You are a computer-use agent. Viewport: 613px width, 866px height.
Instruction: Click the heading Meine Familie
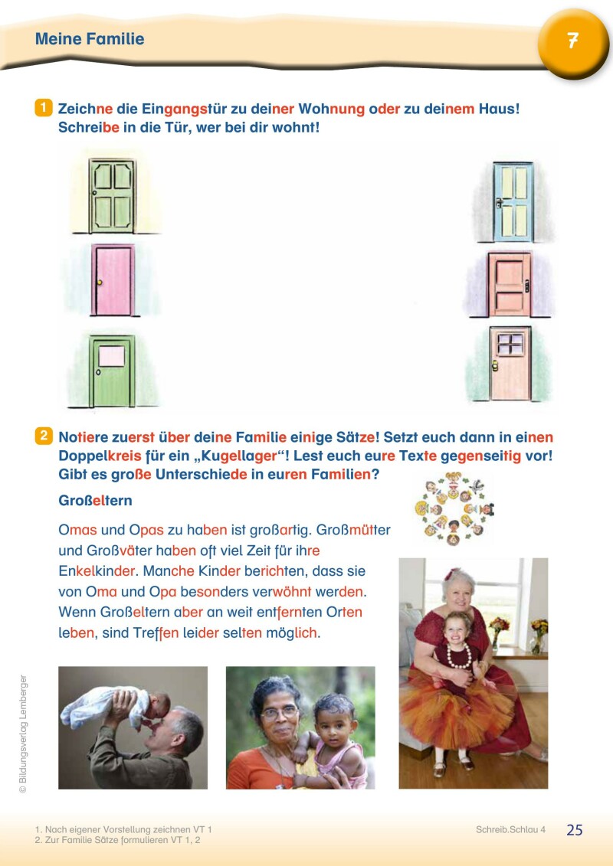(x=90, y=38)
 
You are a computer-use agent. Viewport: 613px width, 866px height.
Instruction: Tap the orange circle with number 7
(x=572, y=42)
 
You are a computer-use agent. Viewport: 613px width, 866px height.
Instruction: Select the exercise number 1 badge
(x=44, y=108)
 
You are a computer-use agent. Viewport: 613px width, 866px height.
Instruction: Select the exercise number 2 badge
(x=44, y=436)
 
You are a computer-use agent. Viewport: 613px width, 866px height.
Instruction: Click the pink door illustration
(x=113, y=280)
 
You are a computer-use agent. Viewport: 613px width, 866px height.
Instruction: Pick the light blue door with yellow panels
(x=513, y=201)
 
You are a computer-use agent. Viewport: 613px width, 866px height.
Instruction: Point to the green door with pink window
(x=112, y=371)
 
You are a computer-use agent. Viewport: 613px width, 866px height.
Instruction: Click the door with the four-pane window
(x=510, y=364)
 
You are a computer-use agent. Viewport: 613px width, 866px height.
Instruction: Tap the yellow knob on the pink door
(x=100, y=283)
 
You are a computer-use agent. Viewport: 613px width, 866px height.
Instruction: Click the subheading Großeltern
(x=95, y=500)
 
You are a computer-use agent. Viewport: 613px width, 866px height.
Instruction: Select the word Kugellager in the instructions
(x=239, y=456)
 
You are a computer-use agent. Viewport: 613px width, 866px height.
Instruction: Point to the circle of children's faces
(x=454, y=508)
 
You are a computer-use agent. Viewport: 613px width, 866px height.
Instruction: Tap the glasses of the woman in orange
(x=280, y=712)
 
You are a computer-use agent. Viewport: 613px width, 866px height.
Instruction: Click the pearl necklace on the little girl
(x=459, y=656)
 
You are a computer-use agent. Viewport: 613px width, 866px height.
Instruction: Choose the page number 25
(x=575, y=829)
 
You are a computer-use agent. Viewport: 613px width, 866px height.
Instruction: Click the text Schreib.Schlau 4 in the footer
(x=510, y=829)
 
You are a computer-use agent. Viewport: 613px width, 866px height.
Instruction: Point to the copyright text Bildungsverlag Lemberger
(x=23, y=734)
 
